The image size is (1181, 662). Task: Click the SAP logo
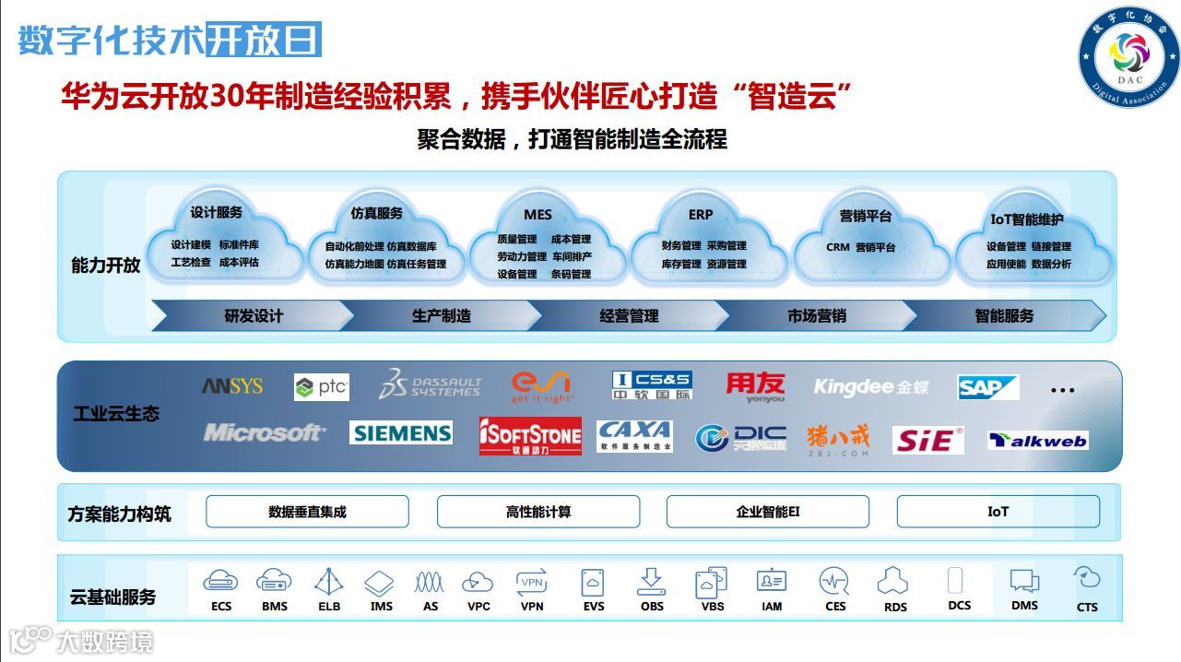[x=987, y=387]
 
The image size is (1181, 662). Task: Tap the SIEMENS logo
[x=400, y=432]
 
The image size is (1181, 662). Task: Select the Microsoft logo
[x=264, y=432]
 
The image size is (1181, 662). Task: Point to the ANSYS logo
[x=232, y=386]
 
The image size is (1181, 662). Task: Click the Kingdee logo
[x=870, y=387]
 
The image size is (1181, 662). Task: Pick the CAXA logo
[x=634, y=435]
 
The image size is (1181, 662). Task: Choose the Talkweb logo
[x=1037, y=441]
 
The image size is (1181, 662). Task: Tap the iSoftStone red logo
[x=530, y=436]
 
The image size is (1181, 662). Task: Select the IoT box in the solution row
[x=998, y=512]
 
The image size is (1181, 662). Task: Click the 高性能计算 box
[x=537, y=512]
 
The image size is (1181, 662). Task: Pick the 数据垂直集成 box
[x=307, y=512]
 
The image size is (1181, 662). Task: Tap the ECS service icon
[x=221, y=582]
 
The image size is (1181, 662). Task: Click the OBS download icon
[x=651, y=582]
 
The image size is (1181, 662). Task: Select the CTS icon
[x=1087, y=579]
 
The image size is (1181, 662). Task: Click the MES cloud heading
[x=537, y=215]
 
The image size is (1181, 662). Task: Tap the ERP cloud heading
[x=701, y=215]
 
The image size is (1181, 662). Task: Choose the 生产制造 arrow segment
[x=442, y=316]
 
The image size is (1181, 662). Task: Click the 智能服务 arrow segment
[x=1004, y=316]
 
